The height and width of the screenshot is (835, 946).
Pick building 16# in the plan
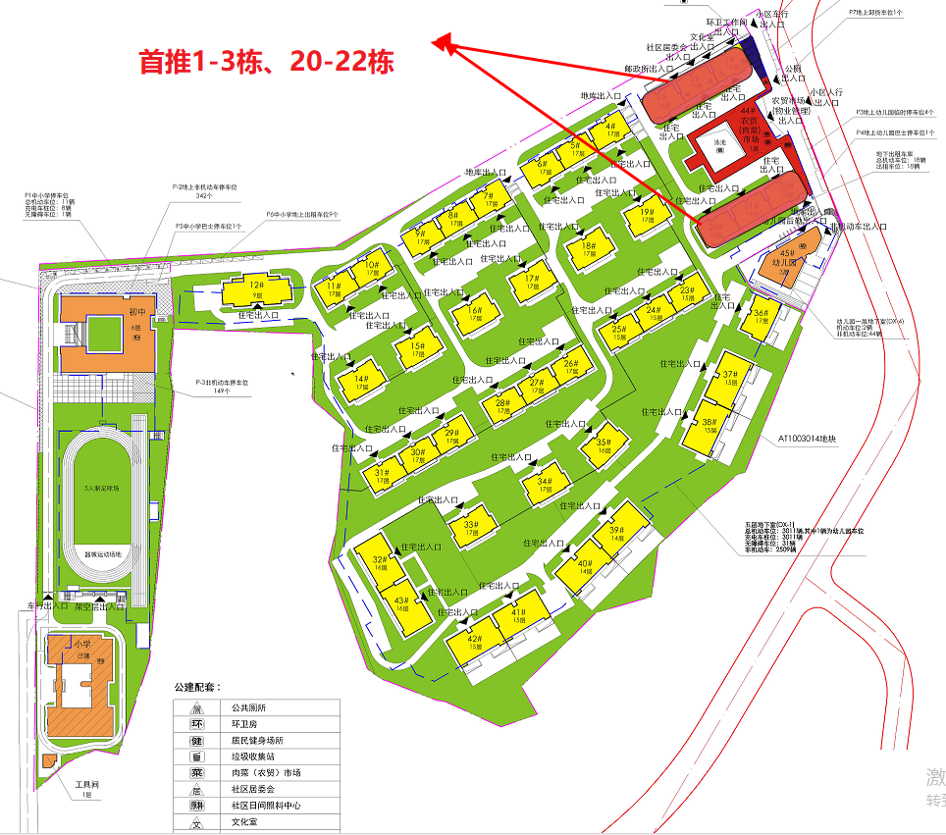[x=473, y=313]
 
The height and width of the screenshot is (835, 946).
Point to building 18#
[x=586, y=250]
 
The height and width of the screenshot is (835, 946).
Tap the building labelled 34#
[x=547, y=485]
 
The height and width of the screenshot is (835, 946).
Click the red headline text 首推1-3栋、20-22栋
[x=266, y=63]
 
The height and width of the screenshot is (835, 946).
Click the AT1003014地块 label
[x=807, y=440]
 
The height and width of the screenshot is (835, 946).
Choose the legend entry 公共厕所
[x=249, y=706]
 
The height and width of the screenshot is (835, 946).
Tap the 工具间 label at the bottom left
[x=89, y=784]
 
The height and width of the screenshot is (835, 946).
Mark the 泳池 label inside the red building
[x=719, y=144]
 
